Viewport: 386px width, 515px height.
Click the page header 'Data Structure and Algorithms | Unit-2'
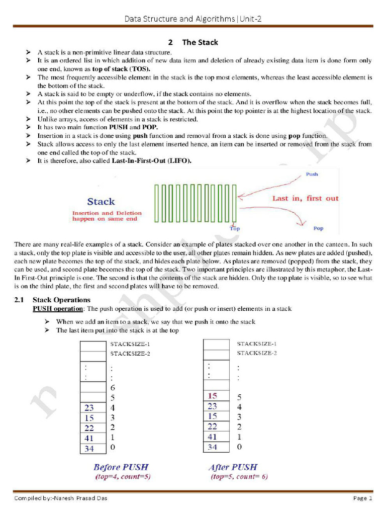point(193,19)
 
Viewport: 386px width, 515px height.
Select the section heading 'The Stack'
point(200,42)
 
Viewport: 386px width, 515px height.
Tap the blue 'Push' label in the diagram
point(312,175)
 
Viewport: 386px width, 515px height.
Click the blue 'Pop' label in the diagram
point(318,228)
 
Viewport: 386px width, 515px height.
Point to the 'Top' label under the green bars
point(235,228)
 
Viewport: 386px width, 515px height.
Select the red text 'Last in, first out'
point(305,198)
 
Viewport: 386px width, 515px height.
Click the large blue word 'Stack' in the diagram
point(101,202)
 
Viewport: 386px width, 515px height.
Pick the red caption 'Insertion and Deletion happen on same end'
point(107,216)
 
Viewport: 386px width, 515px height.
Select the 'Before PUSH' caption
point(121,467)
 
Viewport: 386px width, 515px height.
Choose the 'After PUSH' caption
point(232,467)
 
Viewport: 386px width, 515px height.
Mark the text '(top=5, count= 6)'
point(236,476)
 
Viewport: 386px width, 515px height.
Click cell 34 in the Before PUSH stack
point(89,449)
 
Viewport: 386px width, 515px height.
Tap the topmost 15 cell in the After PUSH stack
point(212,396)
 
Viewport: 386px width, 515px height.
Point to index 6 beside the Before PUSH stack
point(112,388)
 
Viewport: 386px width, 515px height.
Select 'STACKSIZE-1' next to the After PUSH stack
point(257,344)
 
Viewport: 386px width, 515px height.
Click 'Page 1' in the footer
point(362,498)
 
